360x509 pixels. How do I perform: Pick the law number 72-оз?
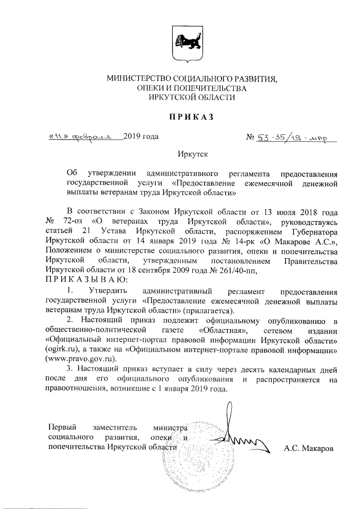tap(72, 222)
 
